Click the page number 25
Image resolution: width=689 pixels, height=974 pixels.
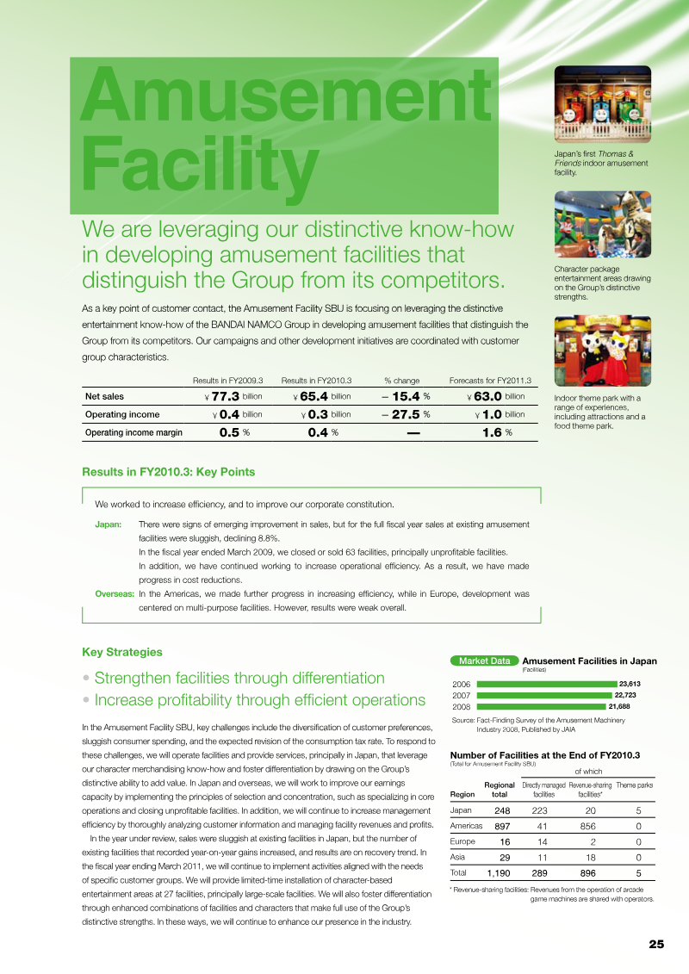point(656,944)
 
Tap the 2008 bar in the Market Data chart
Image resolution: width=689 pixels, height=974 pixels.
point(541,706)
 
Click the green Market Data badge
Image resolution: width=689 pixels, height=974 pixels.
point(484,661)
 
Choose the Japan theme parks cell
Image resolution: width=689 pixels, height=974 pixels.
point(637,810)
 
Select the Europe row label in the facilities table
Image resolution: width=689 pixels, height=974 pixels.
point(463,841)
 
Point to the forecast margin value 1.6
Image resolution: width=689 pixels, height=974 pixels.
point(492,432)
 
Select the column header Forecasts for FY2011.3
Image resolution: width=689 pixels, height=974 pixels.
point(490,380)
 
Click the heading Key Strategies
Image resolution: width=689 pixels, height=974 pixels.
point(121,652)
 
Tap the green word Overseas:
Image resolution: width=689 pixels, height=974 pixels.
point(115,594)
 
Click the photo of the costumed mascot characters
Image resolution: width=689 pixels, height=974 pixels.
point(603,351)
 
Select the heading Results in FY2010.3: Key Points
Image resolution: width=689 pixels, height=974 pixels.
point(168,472)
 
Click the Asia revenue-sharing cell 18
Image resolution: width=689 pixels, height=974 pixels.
point(590,857)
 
